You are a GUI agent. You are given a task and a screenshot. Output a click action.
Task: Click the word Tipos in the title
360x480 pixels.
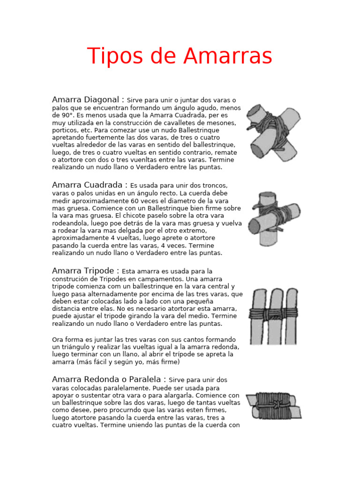click(x=112, y=56)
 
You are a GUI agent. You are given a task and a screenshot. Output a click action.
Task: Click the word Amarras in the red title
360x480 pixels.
click(x=228, y=56)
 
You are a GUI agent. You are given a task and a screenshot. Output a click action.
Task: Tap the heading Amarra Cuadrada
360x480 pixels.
click(x=90, y=185)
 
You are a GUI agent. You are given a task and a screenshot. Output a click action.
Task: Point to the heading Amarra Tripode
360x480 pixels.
click(x=86, y=270)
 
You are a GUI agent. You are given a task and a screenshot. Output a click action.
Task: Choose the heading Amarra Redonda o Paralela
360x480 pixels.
click(x=109, y=379)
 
